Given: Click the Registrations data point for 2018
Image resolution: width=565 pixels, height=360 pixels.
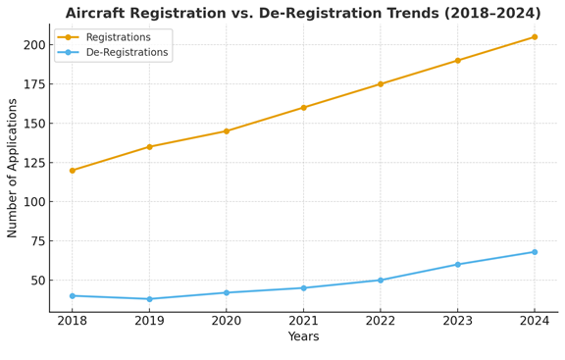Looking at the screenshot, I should (x=73, y=171).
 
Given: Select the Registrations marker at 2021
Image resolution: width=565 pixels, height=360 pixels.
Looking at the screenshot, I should (x=303, y=108).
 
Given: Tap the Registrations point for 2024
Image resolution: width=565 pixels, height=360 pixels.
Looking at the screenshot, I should (x=535, y=37).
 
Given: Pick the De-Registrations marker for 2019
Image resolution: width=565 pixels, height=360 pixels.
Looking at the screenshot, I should (x=149, y=299).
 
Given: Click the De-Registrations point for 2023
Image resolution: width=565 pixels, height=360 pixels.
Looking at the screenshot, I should (x=457, y=265).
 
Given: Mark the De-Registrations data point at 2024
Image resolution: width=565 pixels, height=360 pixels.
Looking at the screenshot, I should (x=535, y=252).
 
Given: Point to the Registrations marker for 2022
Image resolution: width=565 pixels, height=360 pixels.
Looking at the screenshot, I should (x=381, y=84).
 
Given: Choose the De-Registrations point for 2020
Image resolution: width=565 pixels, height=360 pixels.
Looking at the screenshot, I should (x=227, y=292).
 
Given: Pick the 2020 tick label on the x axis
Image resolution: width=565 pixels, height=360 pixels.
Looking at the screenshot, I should (x=227, y=320).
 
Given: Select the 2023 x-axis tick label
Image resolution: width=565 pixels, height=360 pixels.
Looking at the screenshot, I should (x=457, y=320).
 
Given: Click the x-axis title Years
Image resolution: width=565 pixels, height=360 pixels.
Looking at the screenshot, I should (x=303, y=337).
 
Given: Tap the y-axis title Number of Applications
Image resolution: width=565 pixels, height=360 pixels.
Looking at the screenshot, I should (x=13, y=167).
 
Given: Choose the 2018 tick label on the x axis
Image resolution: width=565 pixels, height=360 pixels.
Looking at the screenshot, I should (x=73, y=320).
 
